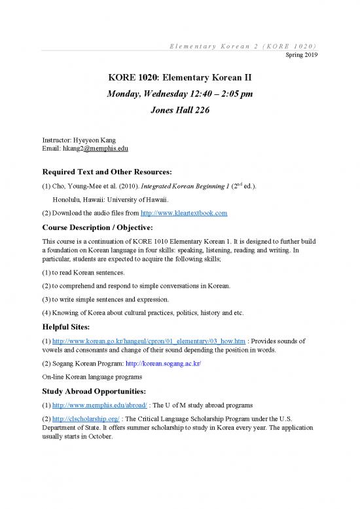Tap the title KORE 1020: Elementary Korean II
(x=180, y=80)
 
